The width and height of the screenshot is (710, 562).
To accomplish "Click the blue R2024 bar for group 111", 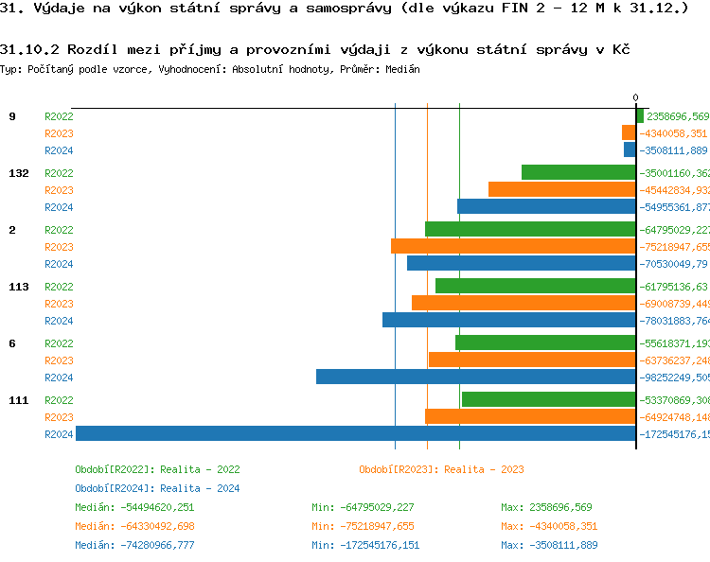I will pos(355,434).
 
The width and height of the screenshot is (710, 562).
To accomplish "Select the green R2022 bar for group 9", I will pos(640,116).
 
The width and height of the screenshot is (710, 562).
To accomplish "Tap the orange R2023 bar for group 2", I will pos(512,246).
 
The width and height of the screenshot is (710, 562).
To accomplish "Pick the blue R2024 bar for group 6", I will pos(475,377).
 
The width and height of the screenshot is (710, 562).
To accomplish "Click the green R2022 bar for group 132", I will pos(577,172).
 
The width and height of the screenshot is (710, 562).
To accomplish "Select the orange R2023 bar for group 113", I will pos(523,303).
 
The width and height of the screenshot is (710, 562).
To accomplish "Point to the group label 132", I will pos(18,173).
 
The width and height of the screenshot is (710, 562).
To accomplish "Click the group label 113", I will pos(18,287).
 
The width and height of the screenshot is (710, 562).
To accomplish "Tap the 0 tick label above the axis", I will pos(635,97).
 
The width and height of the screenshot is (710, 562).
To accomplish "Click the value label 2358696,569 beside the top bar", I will pos(678,116).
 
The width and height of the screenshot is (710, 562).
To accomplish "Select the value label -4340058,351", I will pos(673,133).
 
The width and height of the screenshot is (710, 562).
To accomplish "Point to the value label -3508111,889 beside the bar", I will pos(673,150).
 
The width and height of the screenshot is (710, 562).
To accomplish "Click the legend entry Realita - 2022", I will pos(157,469).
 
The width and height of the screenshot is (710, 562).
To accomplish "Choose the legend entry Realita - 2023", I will pos(441,469).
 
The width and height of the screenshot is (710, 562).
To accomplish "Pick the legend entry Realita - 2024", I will pos(157,488).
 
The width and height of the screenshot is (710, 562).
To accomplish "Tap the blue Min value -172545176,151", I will pos(365,545).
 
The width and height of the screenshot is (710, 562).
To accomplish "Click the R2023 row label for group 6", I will pos(59,360).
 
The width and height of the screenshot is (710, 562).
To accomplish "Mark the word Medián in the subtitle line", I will pos(402,69).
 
